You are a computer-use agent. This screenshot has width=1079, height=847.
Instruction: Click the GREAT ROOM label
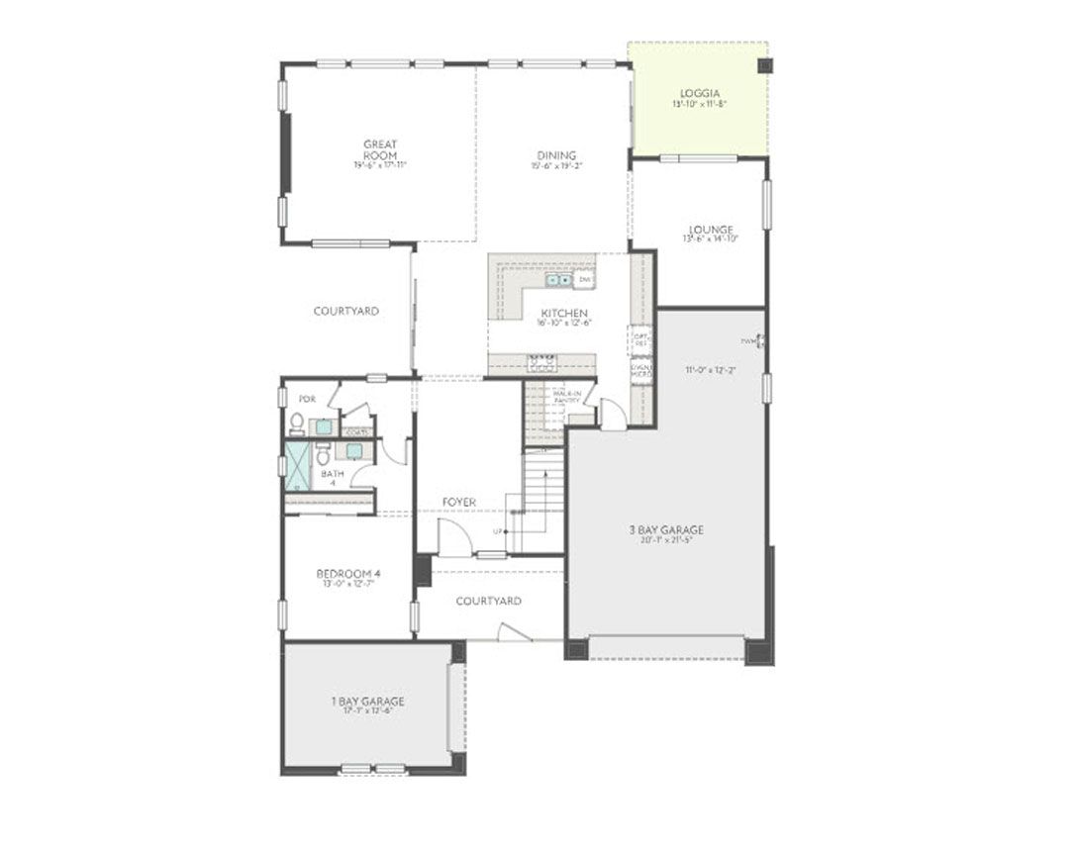tap(380, 150)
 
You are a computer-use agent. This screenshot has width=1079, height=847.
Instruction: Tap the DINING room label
tap(556, 155)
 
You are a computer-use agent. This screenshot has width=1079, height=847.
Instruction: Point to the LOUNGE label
tap(710, 230)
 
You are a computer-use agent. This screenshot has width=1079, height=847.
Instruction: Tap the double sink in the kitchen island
tap(558, 280)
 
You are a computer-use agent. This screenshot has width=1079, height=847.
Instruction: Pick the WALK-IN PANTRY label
tap(566, 397)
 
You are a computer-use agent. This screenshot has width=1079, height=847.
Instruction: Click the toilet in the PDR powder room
tap(296, 423)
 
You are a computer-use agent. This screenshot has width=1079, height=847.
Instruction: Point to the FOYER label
tap(459, 503)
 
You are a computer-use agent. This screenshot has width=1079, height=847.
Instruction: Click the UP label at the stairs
tap(498, 532)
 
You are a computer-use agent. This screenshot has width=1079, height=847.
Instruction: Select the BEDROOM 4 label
tap(348, 574)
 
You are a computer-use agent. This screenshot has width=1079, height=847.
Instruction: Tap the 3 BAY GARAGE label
tap(666, 529)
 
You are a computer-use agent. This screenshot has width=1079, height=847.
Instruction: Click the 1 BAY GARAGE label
tap(367, 702)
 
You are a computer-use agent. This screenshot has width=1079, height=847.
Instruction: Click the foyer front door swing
tap(452, 539)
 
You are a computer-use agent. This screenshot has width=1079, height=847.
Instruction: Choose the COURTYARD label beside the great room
tap(345, 311)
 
